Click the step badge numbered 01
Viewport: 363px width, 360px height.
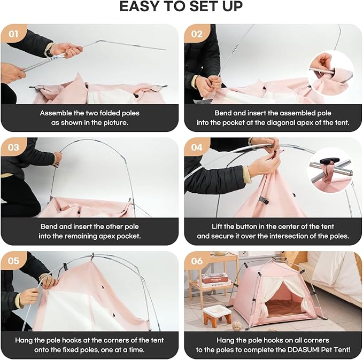pyautogui.click(x=13, y=34)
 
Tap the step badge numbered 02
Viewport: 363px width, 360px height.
pyautogui.click(x=197, y=34)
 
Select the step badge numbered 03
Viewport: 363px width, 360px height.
pyautogui.click(x=13, y=147)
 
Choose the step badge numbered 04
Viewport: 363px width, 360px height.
pyautogui.click(x=197, y=147)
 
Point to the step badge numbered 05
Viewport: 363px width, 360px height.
pyautogui.click(x=13, y=261)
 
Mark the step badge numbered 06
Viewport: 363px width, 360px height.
pyautogui.click(x=197, y=261)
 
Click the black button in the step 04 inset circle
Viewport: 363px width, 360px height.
pyautogui.click(x=330, y=160)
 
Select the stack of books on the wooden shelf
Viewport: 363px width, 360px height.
pyautogui.click(x=214, y=280)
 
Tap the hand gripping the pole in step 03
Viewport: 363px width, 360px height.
pyautogui.click(x=58, y=159)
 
